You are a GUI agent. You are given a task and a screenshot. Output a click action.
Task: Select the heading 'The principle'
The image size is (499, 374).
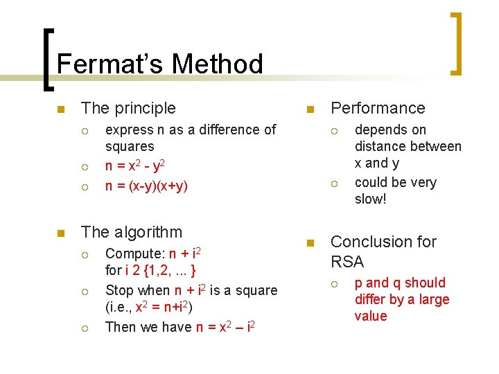128,108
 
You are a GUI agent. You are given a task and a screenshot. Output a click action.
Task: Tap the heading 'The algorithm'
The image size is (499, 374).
132,232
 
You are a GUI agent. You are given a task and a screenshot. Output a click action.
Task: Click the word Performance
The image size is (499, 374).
378,108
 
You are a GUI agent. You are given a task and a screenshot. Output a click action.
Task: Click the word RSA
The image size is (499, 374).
347,262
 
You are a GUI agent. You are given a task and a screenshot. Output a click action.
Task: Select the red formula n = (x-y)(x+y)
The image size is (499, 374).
146,186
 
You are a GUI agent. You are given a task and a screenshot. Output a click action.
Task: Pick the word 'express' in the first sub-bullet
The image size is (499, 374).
129,130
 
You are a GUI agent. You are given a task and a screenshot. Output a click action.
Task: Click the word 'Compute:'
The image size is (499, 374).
135,253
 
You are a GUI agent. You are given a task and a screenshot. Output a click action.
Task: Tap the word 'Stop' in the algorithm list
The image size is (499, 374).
119,290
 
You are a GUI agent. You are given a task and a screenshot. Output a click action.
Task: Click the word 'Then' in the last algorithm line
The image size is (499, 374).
120,327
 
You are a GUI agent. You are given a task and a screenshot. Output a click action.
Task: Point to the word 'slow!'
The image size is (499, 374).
370,199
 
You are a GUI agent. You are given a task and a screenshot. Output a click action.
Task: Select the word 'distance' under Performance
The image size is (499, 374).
380,146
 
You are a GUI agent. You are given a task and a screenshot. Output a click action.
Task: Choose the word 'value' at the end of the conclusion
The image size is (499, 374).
371,316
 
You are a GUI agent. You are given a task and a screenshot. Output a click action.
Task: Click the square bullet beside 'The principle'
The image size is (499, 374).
60,109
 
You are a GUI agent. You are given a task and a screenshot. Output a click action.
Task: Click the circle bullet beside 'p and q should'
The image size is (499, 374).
335,283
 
